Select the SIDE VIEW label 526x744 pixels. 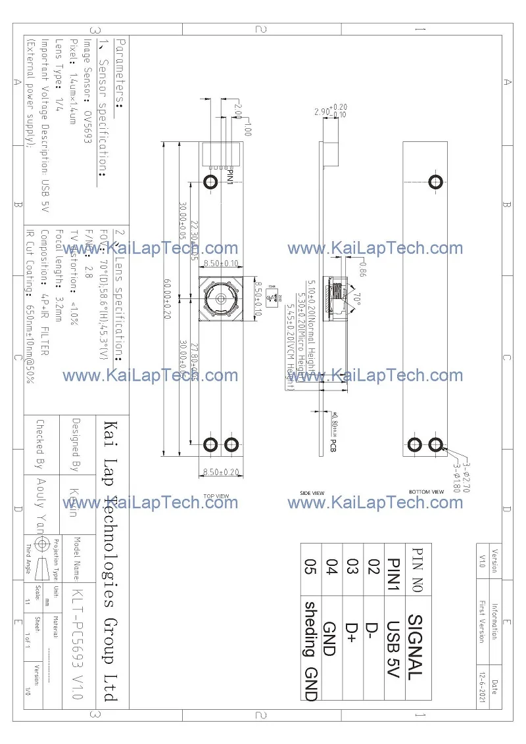[312, 492]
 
